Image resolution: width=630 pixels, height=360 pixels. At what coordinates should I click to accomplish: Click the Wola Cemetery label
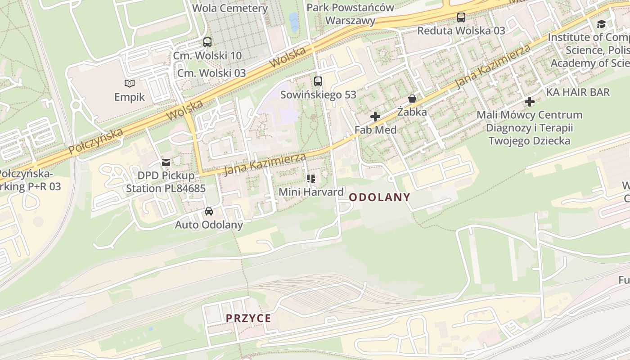(x=230, y=8)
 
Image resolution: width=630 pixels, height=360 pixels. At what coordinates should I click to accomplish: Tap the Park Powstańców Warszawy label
(x=350, y=14)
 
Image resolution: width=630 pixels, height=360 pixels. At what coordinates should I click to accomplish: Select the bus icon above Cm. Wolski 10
(x=207, y=42)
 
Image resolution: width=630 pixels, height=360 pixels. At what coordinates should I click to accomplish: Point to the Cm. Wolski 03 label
(x=211, y=73)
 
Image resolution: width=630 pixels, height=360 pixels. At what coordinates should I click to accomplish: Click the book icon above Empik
(x=130, y=83)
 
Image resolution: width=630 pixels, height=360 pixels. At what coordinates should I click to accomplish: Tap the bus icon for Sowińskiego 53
(x=318, y=81)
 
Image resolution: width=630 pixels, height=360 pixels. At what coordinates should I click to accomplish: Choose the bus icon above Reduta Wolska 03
(x=461, y=18)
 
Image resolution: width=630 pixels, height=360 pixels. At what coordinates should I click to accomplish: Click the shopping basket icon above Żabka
(x=412, y=99)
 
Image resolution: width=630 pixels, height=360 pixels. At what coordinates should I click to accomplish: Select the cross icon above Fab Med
(x=375, y=117)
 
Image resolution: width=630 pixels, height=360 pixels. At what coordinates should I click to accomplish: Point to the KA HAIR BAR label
(x=578, y=92)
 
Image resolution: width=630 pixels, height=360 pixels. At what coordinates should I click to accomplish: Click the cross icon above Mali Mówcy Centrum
(x=530, y=102)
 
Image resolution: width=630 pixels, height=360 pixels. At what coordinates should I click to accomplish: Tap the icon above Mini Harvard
(x=311, y=179)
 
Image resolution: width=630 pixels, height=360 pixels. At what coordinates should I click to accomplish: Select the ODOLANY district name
(x=379, y=197)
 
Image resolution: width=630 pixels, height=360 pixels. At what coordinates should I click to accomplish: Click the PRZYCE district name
(x=248, y=318)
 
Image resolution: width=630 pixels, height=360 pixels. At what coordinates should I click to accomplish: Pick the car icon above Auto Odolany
(x=209, y=211)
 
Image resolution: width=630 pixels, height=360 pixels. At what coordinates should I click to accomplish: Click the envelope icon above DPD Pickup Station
(x=166, y=162)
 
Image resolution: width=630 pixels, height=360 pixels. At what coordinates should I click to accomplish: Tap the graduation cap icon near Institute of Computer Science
(x=601, y=24)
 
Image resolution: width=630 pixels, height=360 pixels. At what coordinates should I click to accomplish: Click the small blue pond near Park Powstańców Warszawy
(x=293, y=21)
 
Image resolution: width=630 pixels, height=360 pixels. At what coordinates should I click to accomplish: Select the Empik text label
(x=130, y=97)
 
